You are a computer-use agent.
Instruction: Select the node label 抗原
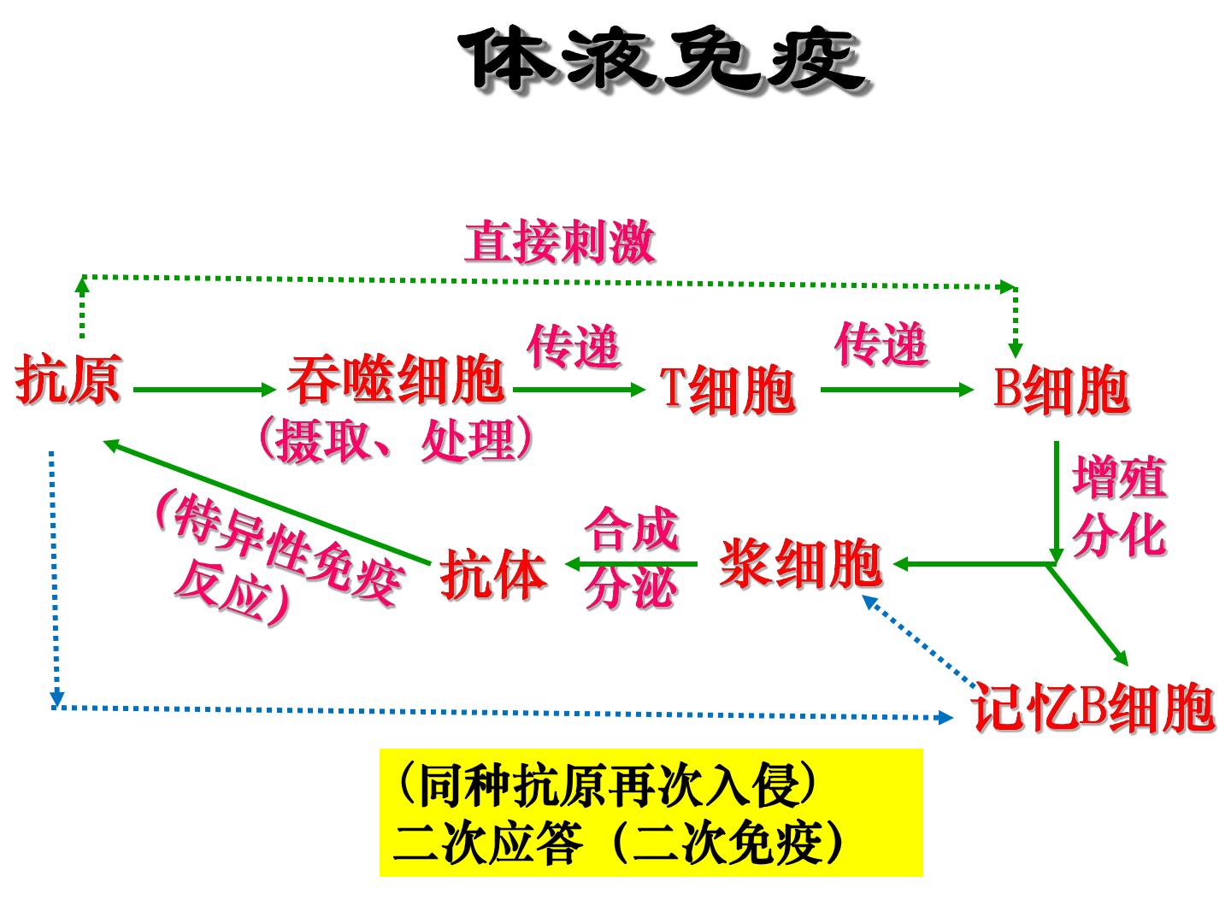tap(68, 379)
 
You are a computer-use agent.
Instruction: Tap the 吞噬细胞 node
tap(396, 379)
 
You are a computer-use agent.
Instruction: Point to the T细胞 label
tap(727, 390)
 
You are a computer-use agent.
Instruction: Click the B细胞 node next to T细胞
tap(1061, 390)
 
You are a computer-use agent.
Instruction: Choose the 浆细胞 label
tap(801, 562)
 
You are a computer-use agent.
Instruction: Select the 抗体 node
tap(493, 573)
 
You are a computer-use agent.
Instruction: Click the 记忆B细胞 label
tap(1093, 708)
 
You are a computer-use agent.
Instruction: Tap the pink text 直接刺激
tap(560, 242)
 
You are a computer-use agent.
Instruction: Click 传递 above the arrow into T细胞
tap(573, 346)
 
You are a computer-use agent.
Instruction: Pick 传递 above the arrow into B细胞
tap(881, 344)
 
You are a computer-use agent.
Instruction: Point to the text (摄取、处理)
tap(396, 440)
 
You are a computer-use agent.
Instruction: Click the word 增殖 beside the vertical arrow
tap(1119, 477)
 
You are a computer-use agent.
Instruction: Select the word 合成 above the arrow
tap(632, 528)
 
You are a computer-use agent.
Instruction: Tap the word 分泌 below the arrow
tap(630, 587)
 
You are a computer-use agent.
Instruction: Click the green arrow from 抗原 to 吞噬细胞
tap(204, 390)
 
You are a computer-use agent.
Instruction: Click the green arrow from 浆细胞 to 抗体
tap(632, 563)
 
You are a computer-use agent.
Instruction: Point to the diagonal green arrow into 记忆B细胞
tap(1087, 614)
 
